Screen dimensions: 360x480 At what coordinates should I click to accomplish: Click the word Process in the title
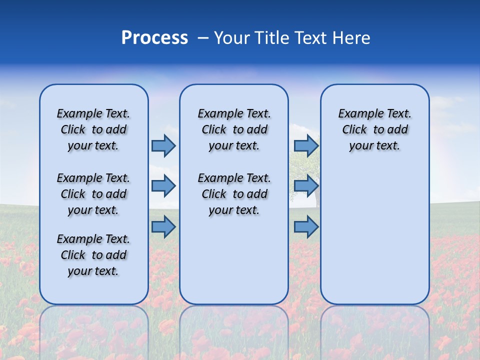click(x=154, y=38)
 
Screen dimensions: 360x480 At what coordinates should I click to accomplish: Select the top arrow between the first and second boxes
click(x=163, y=145)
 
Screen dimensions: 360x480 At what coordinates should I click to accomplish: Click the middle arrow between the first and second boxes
click(x=163, y=186)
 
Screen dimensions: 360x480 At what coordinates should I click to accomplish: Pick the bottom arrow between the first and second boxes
click(x=163, y=227)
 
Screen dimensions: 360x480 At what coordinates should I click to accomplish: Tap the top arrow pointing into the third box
click(x=306, y=145)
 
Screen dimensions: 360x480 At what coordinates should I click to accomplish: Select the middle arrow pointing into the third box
click(x=306, y=186)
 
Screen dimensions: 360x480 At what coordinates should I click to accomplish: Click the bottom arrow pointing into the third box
click(x=306, y=227)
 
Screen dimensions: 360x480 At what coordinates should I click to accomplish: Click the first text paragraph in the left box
click(x=93, y=129)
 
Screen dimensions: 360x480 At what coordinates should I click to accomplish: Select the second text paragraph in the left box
click(x=93, y=194)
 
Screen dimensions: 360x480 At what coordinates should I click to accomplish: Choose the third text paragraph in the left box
click(x=93, y=255)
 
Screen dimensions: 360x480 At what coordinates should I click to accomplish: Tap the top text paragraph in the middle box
click(x=234, y=129)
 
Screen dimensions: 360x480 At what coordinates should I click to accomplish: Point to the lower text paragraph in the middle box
click(x=234, y=194)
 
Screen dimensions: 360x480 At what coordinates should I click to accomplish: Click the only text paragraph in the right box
click(x=374, y=129)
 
